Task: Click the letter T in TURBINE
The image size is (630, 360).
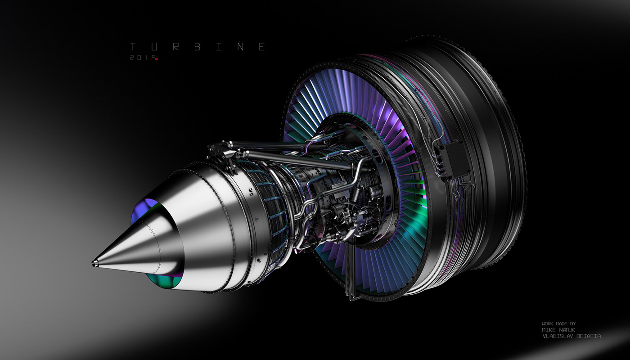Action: point(133,47)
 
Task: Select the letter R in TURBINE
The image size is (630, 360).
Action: point(175,47)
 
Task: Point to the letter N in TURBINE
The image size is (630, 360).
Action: point(240,47)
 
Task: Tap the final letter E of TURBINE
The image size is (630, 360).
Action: point(261,47)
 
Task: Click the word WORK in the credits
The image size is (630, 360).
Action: point(547,324)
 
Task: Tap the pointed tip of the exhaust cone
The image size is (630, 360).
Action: point(94,262)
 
